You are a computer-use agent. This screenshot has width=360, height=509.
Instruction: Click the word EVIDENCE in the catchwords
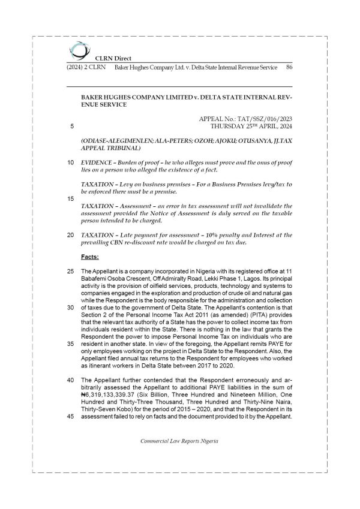point(98,162)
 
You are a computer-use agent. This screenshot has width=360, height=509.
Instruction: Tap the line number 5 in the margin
point(72,127)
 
